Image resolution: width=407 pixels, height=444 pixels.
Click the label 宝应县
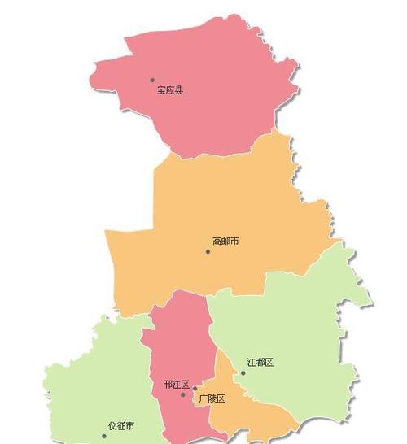(x=170, y=90)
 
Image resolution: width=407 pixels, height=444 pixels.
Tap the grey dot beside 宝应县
(x=152, y=80)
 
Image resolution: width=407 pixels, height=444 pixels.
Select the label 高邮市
(x=225, y=242)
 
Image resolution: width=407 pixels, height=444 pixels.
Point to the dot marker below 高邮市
(x=208, y=251)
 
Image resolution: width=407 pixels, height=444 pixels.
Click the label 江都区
(x=260, y=362)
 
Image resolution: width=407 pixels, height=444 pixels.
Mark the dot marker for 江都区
(x=243, y=373)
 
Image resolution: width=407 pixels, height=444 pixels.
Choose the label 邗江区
(x=177, y=385)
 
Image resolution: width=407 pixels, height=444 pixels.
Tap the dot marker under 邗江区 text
(x=183, y=395)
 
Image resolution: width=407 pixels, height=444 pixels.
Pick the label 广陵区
(x=212, y=398)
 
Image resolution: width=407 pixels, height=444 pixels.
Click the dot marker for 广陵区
(x=195, y=389)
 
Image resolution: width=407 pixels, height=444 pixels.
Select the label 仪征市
(x=121, y=426)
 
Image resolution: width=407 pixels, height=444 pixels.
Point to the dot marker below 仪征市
(x=104, y=436)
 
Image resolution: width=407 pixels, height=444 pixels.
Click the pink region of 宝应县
(x=203, y=98)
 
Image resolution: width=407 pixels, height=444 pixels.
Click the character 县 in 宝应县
(x=179, y=90)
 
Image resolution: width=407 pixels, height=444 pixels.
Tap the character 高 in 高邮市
(x=217, y=242)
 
